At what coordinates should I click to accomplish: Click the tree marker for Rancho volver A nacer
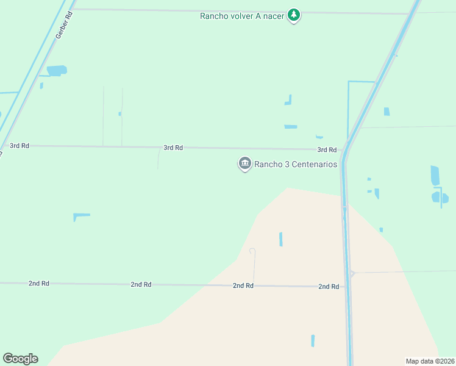[294, 15]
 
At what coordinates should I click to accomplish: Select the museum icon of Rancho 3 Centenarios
[244, 163]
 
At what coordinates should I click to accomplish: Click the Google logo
[20, 359]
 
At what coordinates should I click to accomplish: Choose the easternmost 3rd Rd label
[327, 150]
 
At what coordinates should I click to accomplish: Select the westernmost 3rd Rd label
[20, 146]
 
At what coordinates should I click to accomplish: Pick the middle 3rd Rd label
[173, 148]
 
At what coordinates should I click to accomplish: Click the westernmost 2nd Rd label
[38, 284]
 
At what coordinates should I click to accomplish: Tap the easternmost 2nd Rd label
[329, 286]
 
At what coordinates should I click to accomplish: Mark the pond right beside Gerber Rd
[57, 71]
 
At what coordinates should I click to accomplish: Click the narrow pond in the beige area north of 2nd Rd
[281, 239]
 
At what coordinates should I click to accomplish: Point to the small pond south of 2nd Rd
[313, 340]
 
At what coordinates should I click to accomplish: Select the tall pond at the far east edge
[435, 175]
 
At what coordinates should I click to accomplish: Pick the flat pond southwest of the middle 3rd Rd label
[81, 215]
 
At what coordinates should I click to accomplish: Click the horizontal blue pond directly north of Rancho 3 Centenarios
[291, 127]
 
